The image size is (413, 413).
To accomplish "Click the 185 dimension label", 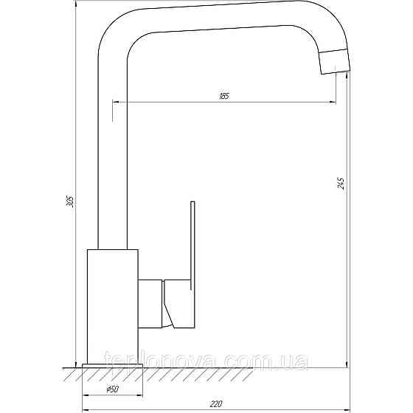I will (x=223, y=96).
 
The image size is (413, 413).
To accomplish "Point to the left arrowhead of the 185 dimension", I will (x=116, y=101).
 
